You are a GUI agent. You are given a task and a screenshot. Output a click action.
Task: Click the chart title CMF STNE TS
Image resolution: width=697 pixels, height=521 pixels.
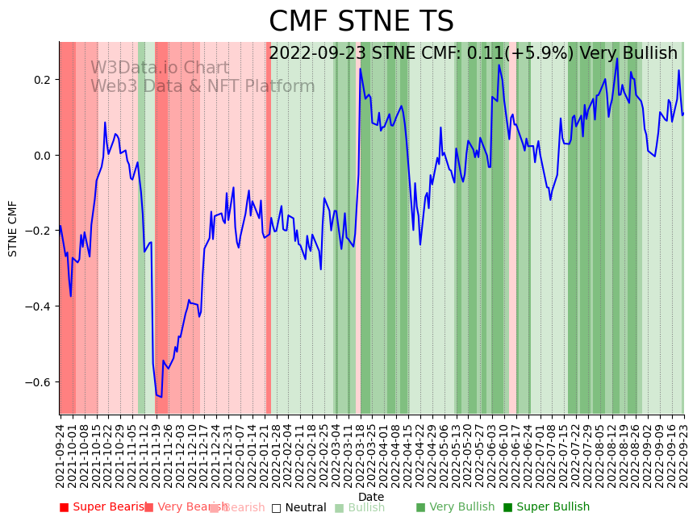361,22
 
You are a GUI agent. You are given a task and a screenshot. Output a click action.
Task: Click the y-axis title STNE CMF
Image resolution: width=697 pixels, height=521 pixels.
13,228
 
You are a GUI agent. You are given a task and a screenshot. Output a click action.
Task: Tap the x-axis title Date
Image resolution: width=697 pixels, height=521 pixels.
371,497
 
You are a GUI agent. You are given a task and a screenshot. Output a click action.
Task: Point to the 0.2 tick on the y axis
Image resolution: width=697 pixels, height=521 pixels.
42,80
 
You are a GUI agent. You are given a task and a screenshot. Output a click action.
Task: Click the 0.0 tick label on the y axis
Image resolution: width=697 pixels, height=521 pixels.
42,155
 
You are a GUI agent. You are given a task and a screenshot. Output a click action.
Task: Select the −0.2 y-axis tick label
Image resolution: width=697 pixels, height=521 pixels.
40,231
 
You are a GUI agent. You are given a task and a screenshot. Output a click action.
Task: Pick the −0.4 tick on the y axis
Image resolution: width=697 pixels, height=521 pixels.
40,306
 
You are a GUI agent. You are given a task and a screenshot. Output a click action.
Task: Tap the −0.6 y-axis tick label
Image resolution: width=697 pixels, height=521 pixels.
40,381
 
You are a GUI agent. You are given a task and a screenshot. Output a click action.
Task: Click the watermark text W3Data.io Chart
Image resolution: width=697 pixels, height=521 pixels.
160,69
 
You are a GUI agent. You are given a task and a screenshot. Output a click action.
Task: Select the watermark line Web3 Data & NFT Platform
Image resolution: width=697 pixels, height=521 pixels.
202,87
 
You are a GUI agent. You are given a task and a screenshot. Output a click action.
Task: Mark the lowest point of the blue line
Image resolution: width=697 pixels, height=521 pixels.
161,398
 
